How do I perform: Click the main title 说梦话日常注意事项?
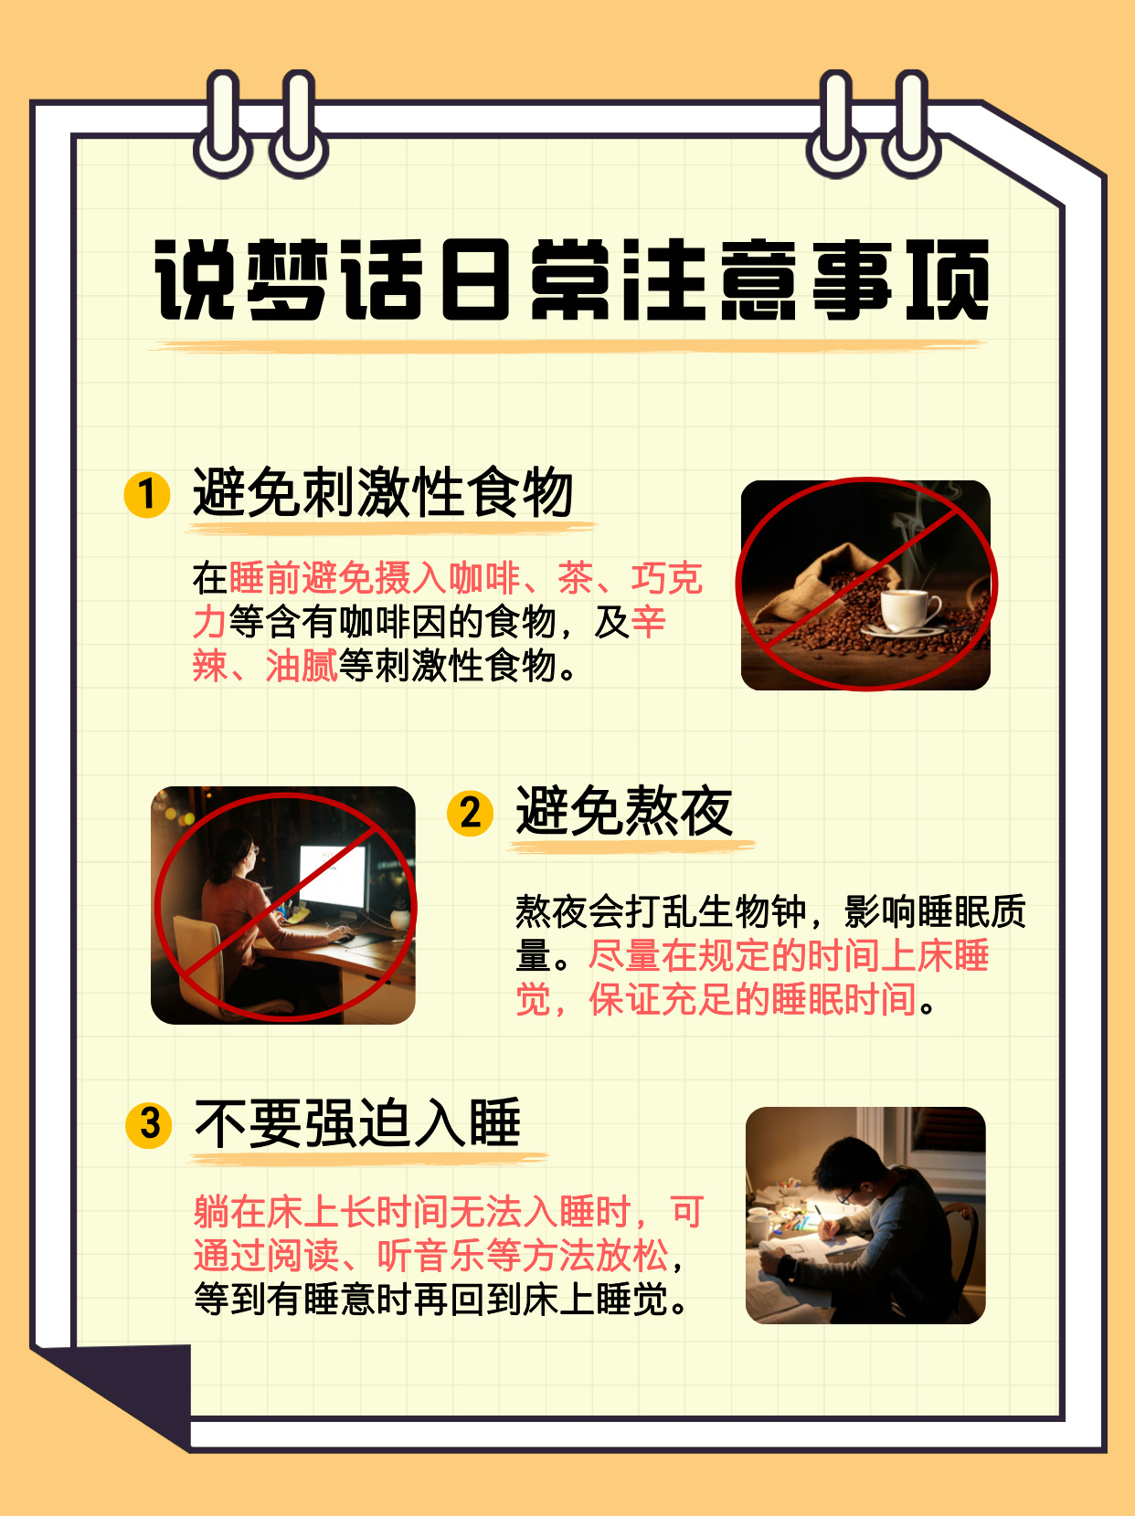(x=571, y=280)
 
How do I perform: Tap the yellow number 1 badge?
(x=147, y=494)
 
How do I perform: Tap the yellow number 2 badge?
(x=470, y=812)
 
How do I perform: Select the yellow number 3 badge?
(x=149, y=1123)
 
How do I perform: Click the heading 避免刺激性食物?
(x=383, y=492)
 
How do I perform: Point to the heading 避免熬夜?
(x=624, y=811)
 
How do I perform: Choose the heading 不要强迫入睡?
(x=357, y=1122)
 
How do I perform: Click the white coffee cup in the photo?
(x=909, y=609)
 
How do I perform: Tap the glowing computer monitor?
(x=333, y=878)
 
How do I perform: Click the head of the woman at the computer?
(x=236, y=854)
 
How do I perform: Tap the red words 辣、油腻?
(x=264, y=666)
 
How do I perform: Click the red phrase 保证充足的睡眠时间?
(x=752, y=1000)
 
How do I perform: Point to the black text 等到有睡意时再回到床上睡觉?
(x=440, y=1300)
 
